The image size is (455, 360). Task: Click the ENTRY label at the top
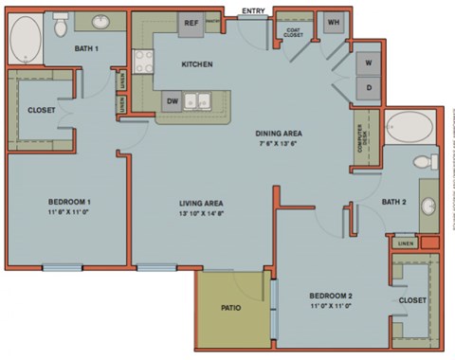tap(253, 10)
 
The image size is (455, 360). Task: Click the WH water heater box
tap(334, 23)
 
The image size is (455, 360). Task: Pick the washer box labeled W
tap(368, 63)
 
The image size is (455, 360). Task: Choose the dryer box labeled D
tap(368, 88)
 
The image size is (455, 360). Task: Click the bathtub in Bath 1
tap(25, 39)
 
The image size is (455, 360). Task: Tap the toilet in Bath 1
tap(61, 20)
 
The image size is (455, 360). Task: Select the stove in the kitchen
tap(143, 63)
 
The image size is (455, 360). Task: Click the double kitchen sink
tap(199, 99)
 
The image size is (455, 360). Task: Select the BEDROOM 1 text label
tap(69, 202)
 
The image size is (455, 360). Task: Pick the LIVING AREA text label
tap(201, 203)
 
